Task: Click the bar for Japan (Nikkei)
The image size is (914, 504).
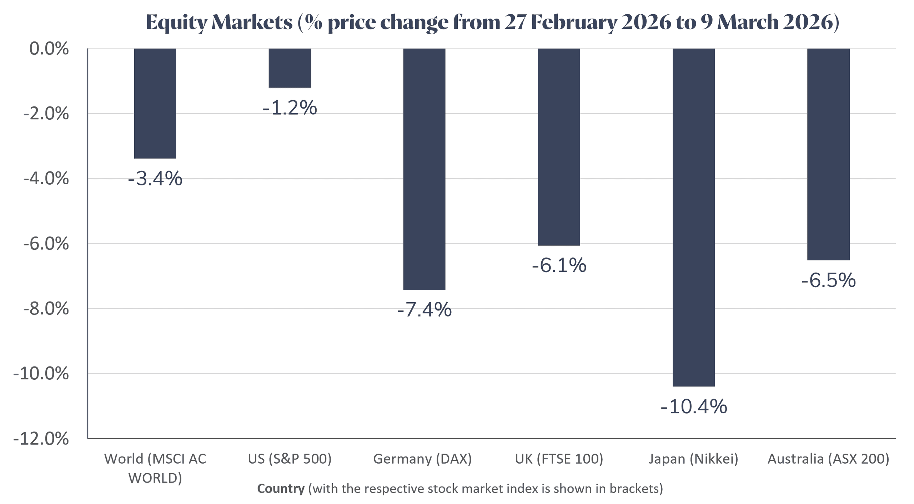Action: (x=693, y=217)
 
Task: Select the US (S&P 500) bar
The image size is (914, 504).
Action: (x=290, y=68)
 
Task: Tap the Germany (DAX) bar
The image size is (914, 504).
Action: (x=424, y=169)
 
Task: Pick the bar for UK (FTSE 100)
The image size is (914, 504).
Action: (x=559, y=147)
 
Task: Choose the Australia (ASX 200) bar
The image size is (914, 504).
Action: (x=828, y=154)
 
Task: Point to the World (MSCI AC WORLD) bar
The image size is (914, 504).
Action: (x=155, y=103)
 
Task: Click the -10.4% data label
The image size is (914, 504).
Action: (x=693, y=407)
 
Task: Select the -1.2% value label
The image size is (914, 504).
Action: (x=290, y=108)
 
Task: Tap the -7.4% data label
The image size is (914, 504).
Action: (x=424, y=310)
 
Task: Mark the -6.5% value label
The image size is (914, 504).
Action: (x=828, y=280)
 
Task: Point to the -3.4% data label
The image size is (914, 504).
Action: (x=155, y=179)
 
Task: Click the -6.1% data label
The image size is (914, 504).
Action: (x=559, y=265)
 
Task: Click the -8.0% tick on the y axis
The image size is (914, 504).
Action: (x=46, y=309)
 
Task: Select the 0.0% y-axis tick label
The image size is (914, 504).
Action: (x=49, y=49)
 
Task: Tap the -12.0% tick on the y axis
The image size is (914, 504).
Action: (x=41, y=439)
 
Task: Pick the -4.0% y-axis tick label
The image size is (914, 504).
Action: (x=46, y=179)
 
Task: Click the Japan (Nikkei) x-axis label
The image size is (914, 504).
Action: (x=693, y=459)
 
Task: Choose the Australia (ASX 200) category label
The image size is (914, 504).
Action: (x=828, y=459)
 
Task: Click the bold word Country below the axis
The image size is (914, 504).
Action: (x=281, y=489)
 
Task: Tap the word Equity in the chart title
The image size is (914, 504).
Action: (x=176, y=22)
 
